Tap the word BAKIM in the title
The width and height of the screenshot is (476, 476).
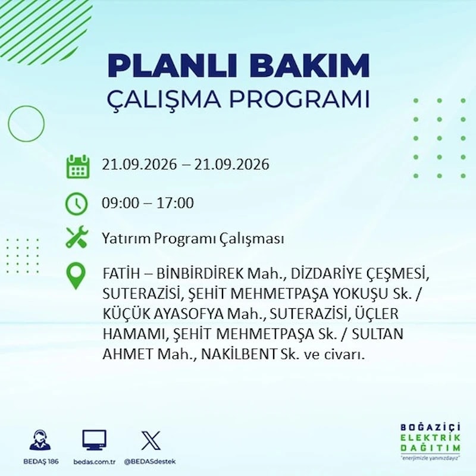(x=309, y=66)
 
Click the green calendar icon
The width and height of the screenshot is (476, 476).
(x=78, y=167)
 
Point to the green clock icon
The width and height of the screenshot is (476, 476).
(x=77, y=203)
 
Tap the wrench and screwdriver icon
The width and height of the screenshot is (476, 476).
(x=77, y=237)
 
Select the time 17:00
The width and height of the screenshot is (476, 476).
(x=175, y=203)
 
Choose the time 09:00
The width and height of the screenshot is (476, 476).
(x=121, y=203)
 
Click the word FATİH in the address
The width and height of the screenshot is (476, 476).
(x=121, y=274)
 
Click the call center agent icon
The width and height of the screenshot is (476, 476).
(x=40, y=439)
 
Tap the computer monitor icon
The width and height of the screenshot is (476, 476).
(x=95, y=440)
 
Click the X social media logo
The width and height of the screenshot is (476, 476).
(x=151, y=440)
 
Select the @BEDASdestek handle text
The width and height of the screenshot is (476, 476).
(x=150, y=462)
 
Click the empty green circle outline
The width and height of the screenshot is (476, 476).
(x=8, y=124)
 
